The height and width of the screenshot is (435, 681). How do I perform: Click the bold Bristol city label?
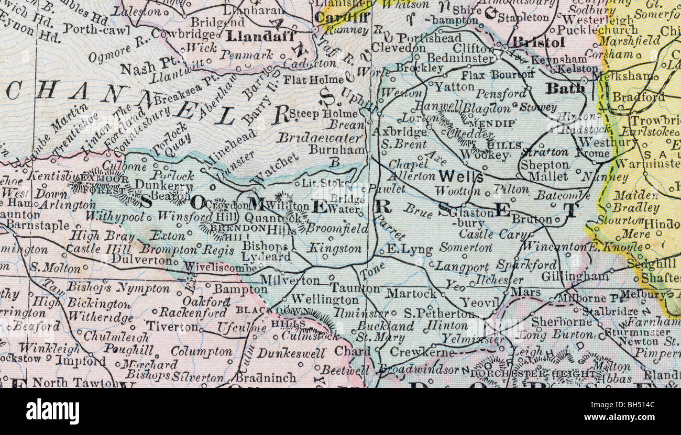[539, 42]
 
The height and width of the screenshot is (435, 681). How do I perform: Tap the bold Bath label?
[565, 88]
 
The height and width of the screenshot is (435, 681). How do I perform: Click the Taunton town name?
[355, 288]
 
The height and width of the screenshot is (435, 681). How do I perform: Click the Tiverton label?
[172, 326]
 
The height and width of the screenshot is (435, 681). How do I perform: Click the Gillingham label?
[575, 275]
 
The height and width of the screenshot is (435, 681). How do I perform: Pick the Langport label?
[463, 266]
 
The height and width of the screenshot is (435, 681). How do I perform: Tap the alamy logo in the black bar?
[52, 411]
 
